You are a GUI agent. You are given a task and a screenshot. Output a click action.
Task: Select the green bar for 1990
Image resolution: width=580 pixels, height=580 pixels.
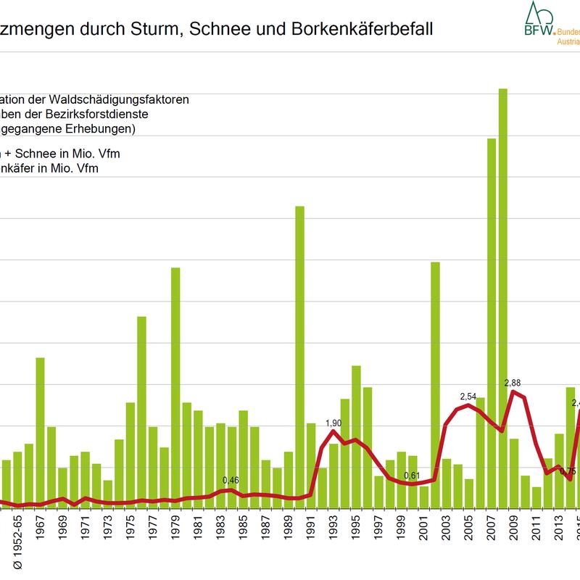point(299,355)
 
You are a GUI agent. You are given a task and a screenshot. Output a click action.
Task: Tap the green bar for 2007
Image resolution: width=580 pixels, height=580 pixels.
point(491,319)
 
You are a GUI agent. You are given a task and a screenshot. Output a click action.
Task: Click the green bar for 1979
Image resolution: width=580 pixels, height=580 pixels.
point(175,384)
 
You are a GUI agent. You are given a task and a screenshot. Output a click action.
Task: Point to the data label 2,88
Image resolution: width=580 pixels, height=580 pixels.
point(513,382)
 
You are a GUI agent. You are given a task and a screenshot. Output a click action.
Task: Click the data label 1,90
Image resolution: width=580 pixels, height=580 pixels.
point(333,423)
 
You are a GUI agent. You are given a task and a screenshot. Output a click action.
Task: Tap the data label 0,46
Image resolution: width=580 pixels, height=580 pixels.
point(231,480)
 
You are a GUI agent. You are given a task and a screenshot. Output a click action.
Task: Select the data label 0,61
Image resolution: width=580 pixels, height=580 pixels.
point(412,475)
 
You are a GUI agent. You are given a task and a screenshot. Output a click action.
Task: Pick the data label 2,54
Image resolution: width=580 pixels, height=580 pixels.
point(468,397)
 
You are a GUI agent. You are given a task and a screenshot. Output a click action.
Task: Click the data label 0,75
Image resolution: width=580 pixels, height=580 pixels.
point(568,471)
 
